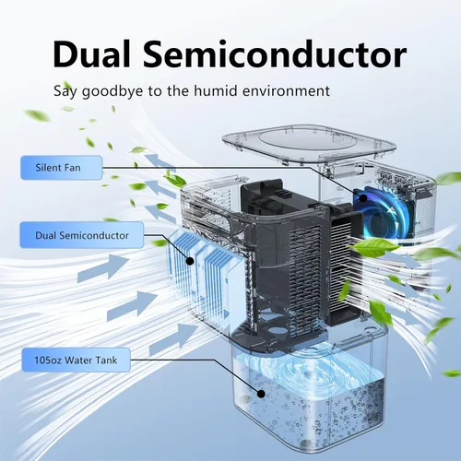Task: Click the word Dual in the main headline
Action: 91,55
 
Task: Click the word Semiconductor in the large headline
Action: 275,55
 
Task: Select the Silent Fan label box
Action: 62,168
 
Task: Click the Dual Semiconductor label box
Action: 82,235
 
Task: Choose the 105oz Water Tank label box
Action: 76,360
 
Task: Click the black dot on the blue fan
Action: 363,198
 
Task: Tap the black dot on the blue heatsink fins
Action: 190,261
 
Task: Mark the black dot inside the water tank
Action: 261,394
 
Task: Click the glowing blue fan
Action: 383,213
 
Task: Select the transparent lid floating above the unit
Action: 309,143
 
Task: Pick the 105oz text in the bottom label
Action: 48,360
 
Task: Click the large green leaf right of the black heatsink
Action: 376,247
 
